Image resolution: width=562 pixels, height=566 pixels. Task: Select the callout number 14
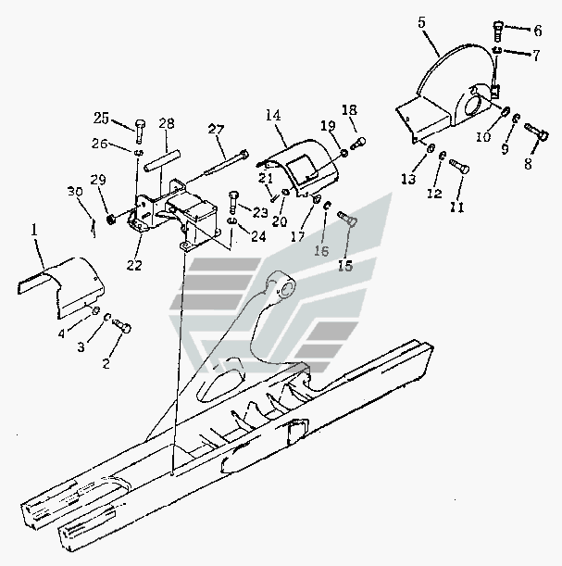click(272, 116)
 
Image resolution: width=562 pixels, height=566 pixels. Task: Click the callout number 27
click(216, 130)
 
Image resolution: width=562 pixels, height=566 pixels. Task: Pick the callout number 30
click(75, 192)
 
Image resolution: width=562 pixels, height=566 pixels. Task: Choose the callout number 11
click(456, 208)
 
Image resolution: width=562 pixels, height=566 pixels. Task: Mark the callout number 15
click(344, 265)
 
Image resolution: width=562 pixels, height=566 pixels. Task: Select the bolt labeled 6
click(498, 29)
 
